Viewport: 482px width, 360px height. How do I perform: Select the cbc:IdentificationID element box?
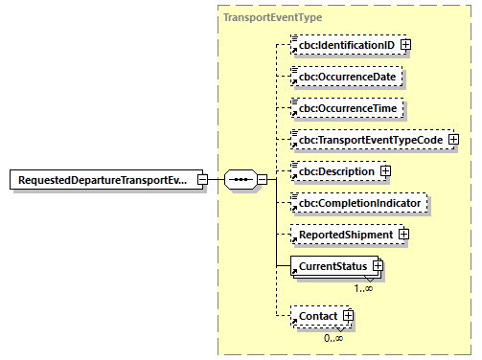[345, 44]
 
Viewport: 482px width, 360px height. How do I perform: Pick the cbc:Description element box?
[335, 171]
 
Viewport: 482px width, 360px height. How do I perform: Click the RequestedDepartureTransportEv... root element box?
[105, 180]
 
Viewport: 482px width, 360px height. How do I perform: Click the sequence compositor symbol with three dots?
[241, 180]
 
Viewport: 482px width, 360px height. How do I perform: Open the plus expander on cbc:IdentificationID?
[406, 44]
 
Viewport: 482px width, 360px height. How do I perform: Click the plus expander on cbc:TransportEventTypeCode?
[454, 140]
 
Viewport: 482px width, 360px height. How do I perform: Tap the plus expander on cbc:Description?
[385, 171]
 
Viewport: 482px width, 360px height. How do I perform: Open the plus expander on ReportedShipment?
[404, 235]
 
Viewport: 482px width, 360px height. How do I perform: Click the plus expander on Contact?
[349, 315]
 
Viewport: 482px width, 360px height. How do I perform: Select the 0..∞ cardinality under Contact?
[334, 336]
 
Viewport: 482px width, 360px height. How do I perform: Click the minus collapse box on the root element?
[202, 180]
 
